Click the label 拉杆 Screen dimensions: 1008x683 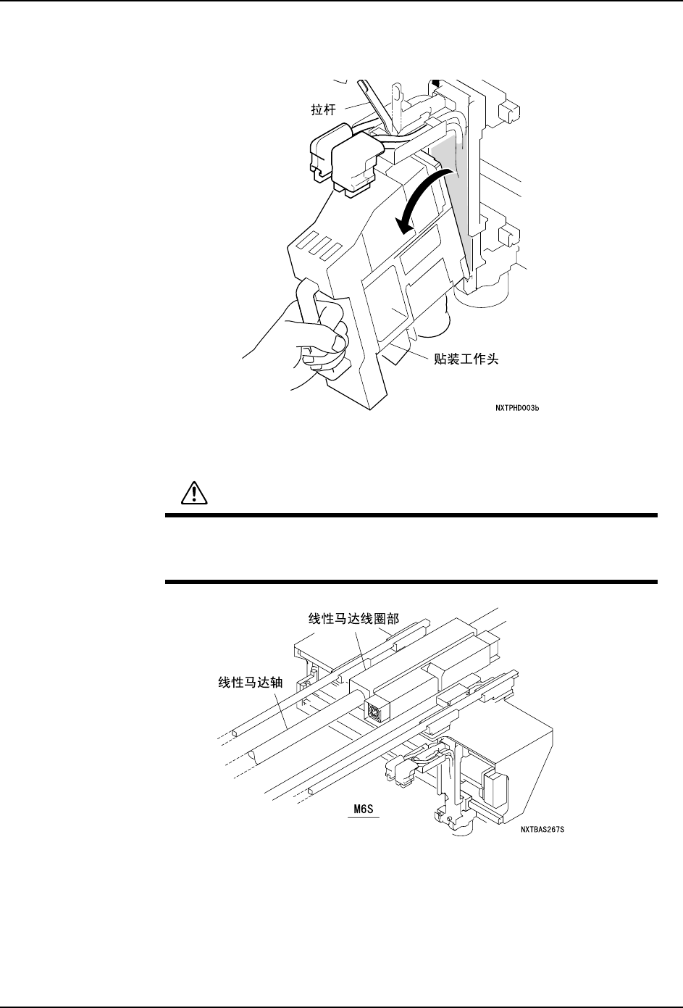pyautogui.click(x=316, y=110)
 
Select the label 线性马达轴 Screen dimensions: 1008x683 pyautogui.click(x=248, y=681)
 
